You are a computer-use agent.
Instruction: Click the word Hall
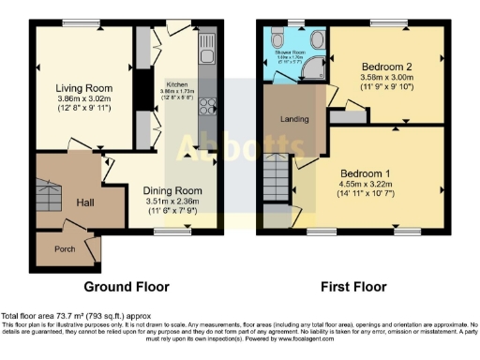tap(85, 202)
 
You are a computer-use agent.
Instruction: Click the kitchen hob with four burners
tap(206, 105)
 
